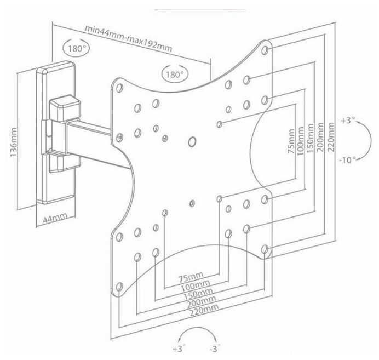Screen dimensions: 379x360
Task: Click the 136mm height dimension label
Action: [14, 142]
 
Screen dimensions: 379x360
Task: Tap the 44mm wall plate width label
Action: [55, 218]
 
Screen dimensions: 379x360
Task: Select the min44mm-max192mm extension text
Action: [128, 38]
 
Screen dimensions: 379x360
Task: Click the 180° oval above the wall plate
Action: [76, 48]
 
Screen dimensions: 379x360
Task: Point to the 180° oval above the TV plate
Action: [175, 74]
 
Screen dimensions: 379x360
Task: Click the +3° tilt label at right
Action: [348, 120]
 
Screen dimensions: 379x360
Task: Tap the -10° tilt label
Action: [348, 159]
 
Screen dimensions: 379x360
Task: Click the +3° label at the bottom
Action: [179, 349]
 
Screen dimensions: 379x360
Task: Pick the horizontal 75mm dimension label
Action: [191, 277]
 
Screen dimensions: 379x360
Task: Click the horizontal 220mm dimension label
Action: [204, 310]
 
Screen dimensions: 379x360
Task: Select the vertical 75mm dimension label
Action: [291, 141]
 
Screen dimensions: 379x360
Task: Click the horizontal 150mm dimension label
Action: [198, 293]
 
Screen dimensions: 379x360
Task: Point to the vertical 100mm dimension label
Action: [300, 141]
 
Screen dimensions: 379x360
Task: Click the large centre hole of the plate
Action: [192, 141]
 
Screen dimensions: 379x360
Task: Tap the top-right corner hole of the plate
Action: [265, 50]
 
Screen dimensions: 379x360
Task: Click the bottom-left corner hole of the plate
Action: [119, 287]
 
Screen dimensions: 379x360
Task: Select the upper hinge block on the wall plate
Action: [65, 108]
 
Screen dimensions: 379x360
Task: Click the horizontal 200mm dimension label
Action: [202, 301]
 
